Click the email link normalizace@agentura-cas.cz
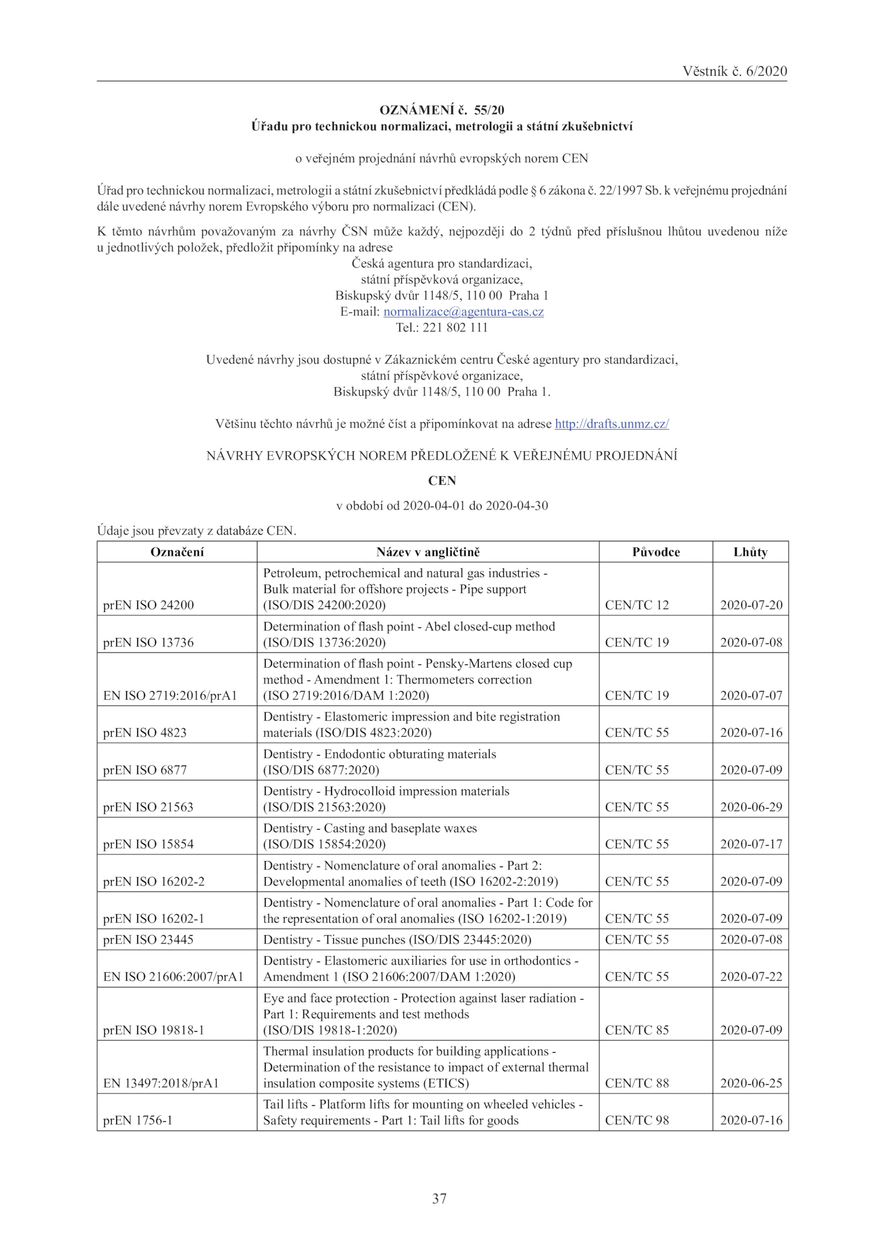464,312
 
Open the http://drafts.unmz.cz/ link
612,424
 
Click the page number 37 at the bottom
439,1198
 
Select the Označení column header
177,552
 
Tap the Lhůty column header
750,552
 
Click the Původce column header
656,552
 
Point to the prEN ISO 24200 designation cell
149,605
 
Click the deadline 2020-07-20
751,605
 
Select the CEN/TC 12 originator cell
637,605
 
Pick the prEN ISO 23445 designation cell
149,940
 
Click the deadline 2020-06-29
751,807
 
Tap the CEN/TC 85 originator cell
637,1030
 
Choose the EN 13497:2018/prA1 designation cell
161,1083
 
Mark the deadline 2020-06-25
751,1083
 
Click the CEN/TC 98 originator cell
637,1120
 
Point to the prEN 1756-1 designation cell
138,1120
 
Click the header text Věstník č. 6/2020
734,71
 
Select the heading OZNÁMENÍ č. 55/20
442,110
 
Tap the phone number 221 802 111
455,328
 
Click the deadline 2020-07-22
751,977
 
